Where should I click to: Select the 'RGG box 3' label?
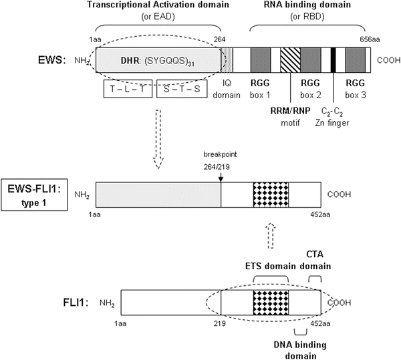tap(355, 89)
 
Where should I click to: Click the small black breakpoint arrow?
tap(221, 174)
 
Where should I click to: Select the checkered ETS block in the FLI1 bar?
tap(271, 303)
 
